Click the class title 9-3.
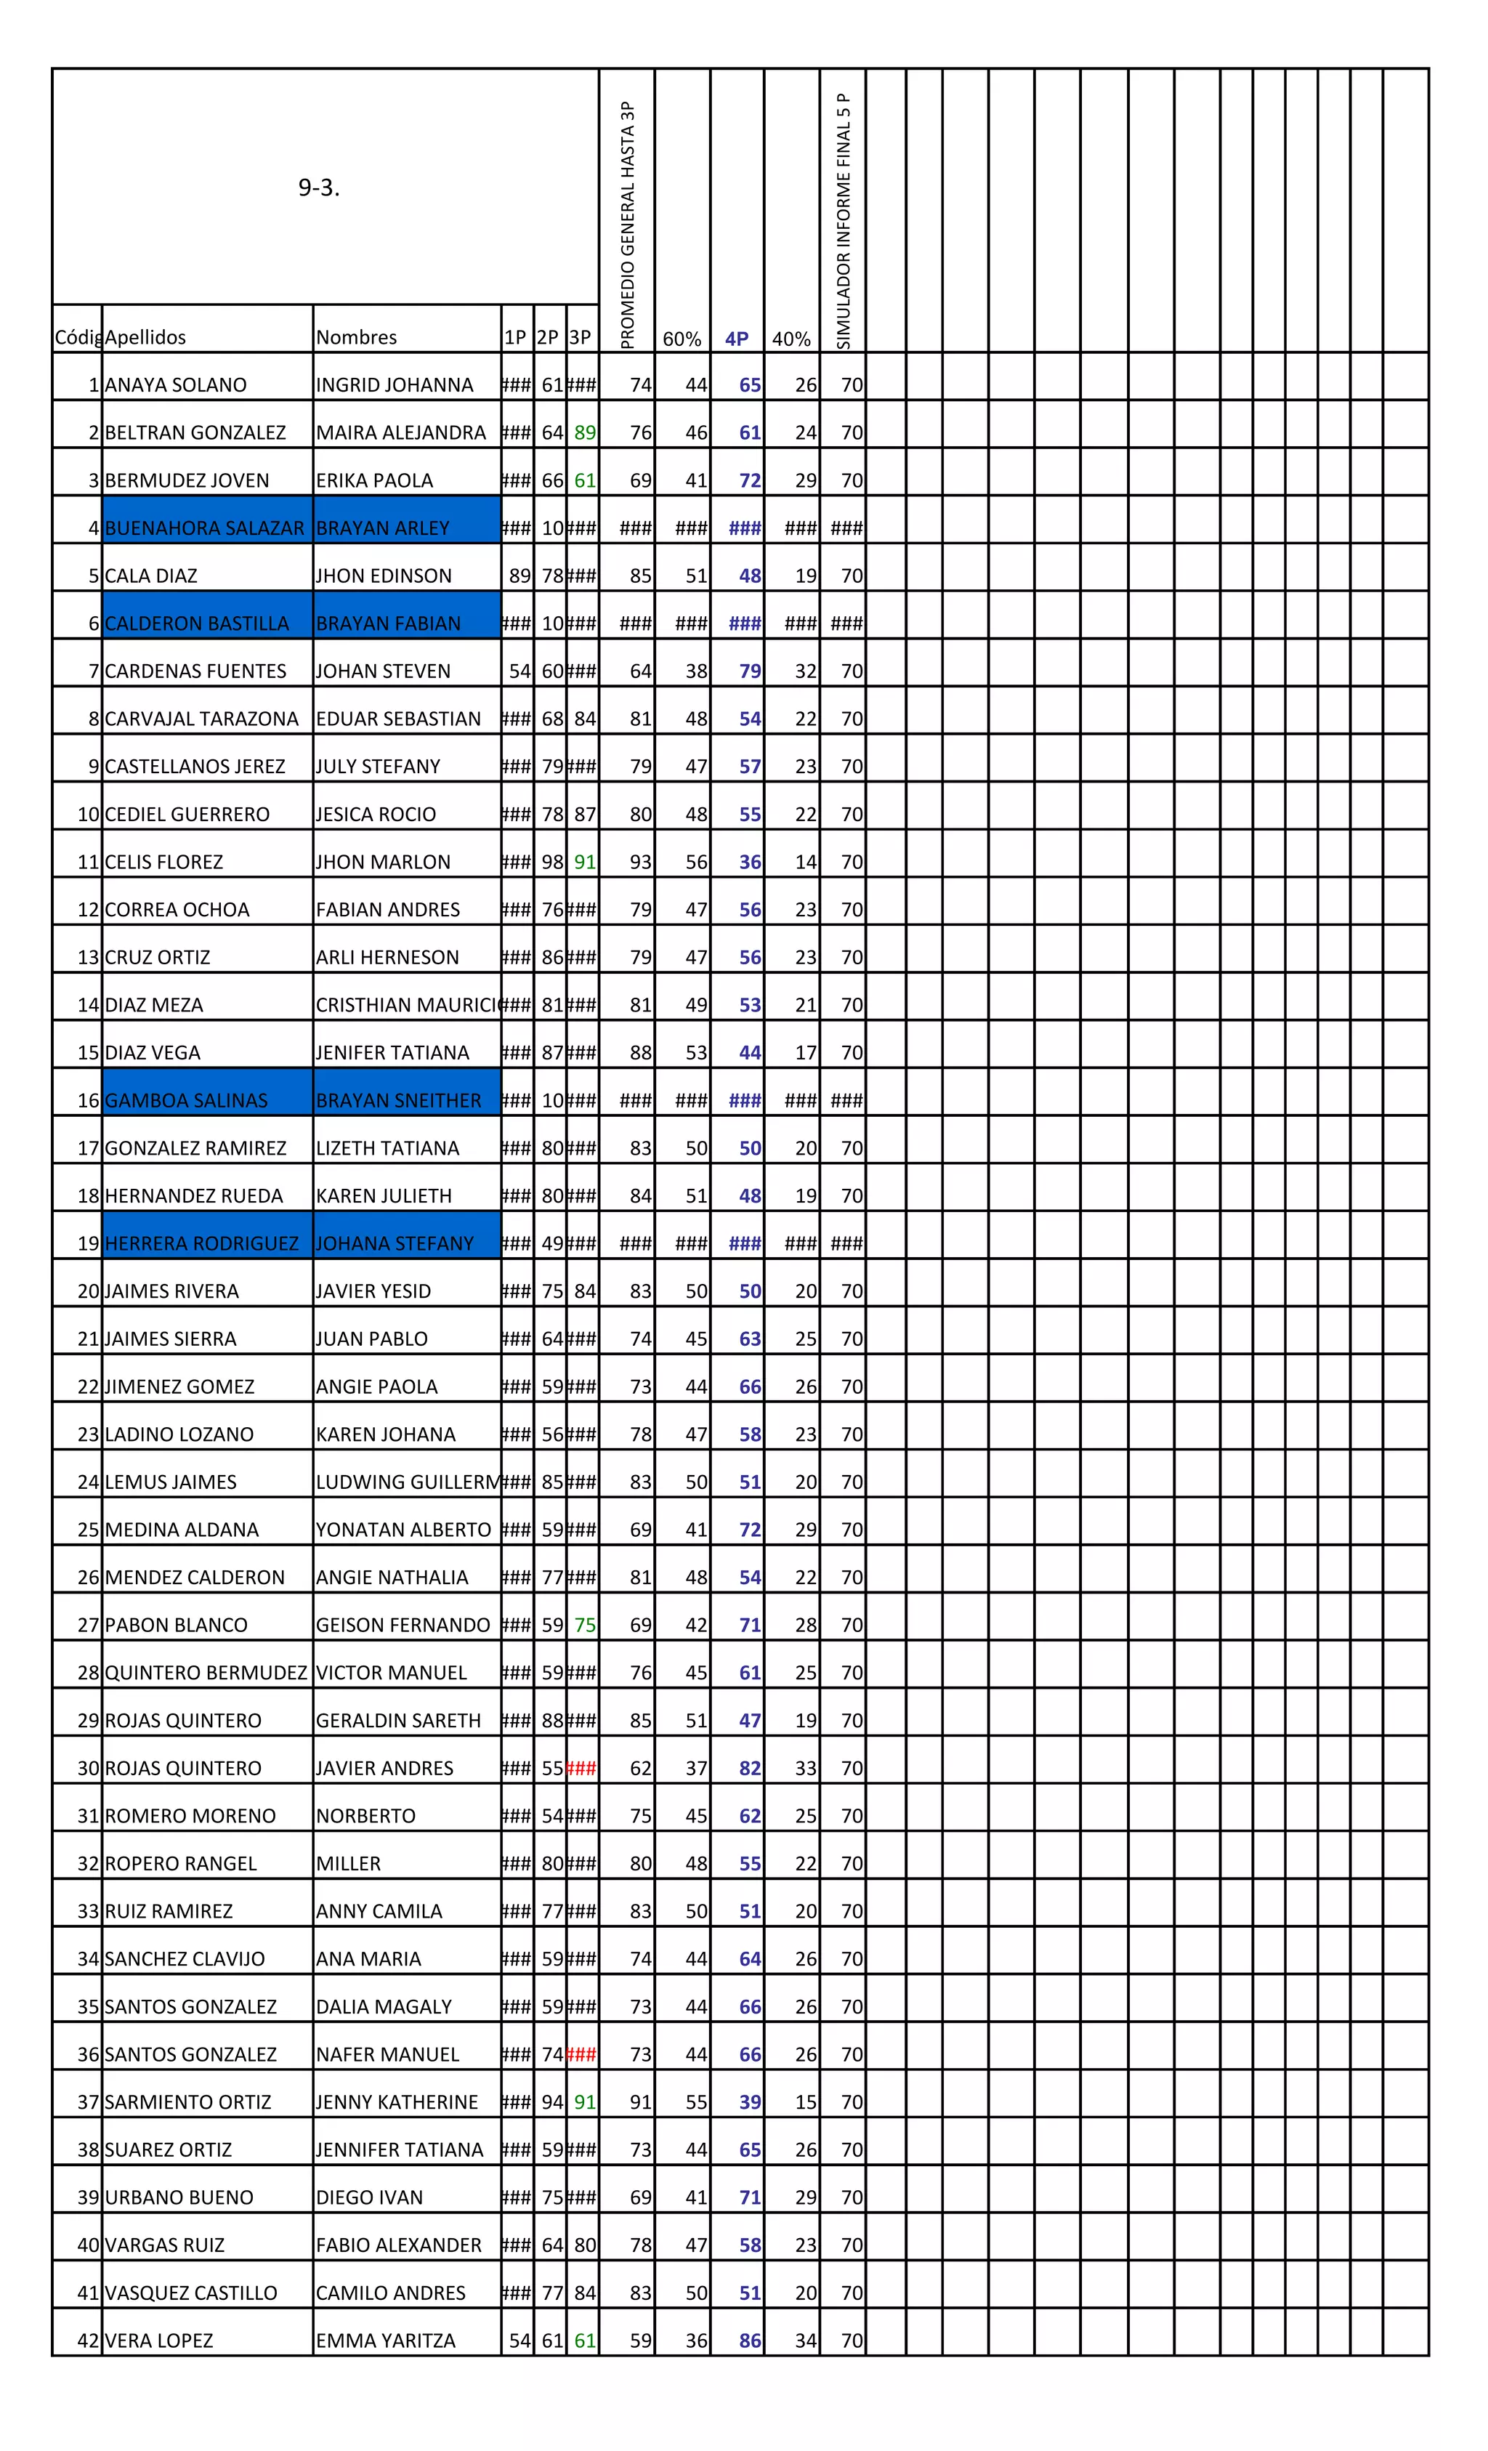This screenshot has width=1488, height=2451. (318, 188)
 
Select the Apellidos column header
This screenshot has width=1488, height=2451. (145, 337)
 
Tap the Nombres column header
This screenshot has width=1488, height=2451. (356, 337)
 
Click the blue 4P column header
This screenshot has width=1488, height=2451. (736, 338)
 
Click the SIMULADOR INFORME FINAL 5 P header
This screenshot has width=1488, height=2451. (844, 221)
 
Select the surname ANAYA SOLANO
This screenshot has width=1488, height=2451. (175, 385)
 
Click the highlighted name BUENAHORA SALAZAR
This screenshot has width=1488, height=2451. (204, 528)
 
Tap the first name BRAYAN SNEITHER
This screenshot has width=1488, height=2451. (398, 1100)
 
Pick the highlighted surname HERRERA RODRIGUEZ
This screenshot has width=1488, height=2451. (202, 1243)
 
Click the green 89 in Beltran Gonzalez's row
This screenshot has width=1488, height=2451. (585, 432)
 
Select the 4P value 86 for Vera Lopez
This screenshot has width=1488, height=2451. (750, 2341)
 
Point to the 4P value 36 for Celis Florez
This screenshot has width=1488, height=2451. (750, 863)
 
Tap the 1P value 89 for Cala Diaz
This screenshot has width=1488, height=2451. (519, 576)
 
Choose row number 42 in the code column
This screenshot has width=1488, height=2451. (89, 2341)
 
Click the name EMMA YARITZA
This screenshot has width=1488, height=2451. (385, 2341)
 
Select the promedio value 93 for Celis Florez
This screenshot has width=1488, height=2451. (641, 863)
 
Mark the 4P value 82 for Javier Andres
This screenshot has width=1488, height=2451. (750, 1769)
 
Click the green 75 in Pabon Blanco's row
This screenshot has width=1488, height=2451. (585, 1626)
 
